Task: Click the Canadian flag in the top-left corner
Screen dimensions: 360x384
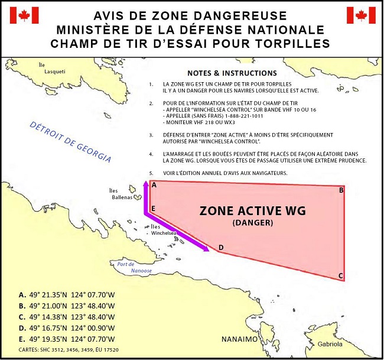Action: (x=24, y=15)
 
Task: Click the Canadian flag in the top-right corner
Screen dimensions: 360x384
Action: (x=360, y=15)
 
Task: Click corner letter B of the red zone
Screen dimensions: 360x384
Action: (x=341, y=190)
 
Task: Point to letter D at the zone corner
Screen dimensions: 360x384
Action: (x=220, y=247)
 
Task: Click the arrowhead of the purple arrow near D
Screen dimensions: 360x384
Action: (x=206, y=249)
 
